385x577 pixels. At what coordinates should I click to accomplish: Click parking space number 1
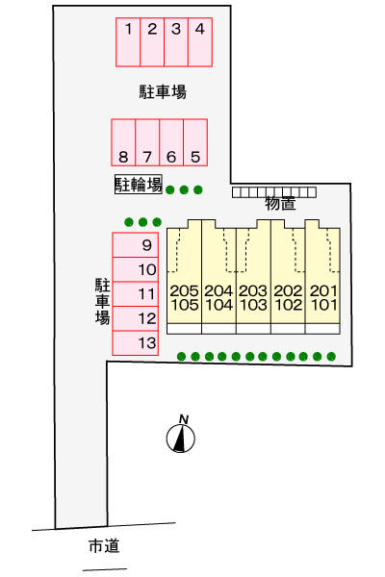(x=128, y=42)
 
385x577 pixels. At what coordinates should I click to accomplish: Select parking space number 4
(x=200, y=42)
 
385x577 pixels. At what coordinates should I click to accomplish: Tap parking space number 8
(x=123, y=142)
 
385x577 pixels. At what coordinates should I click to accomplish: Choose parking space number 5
(x=195, y=142)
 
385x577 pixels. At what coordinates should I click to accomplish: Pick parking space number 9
(x=136, y=245)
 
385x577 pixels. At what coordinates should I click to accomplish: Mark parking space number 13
(x=136, y=343)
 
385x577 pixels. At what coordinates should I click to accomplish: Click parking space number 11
(x=136, y=294)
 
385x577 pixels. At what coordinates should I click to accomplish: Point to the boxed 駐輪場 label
(x=139, y=184)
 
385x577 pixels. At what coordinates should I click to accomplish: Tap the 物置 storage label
(x=280, y=203)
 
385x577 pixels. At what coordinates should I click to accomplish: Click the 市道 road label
(x=104, y=545)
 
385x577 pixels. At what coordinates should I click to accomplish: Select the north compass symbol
(x=181, y=439)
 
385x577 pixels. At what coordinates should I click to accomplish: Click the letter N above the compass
(x=184, y=419)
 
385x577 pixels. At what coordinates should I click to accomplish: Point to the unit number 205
(x=184, y=291)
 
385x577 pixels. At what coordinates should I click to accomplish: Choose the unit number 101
(x=323, y=305)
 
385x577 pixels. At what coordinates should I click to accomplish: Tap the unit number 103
(x=253, y=305)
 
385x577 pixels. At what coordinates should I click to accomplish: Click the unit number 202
(x=288, y=291)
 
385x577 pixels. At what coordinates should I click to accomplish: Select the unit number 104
(x=218, y=305)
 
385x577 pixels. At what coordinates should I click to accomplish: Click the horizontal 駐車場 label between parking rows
(x=163, y=91)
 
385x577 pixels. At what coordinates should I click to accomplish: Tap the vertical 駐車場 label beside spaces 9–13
(x=102, y=302)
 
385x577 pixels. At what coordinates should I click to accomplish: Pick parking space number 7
(x=147, y=142)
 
